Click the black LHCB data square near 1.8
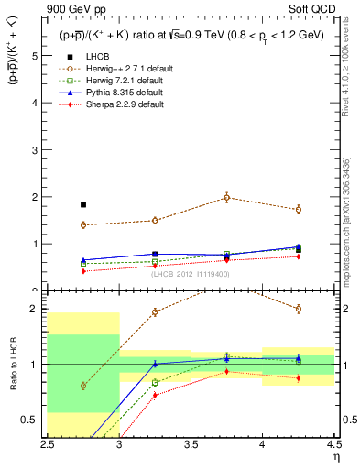click(x=83, y=205)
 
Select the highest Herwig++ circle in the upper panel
click(x=226, y=197)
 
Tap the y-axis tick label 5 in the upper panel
click(x=37, y=56)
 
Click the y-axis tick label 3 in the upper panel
click(x=37, y=150)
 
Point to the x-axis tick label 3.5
click(x=190, y=444)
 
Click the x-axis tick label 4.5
click(x=333, y=444)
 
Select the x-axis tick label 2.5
click(x=48, y=444)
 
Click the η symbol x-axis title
click(x=335, y=457)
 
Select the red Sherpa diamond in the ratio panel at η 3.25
click(x=155, y=395)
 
